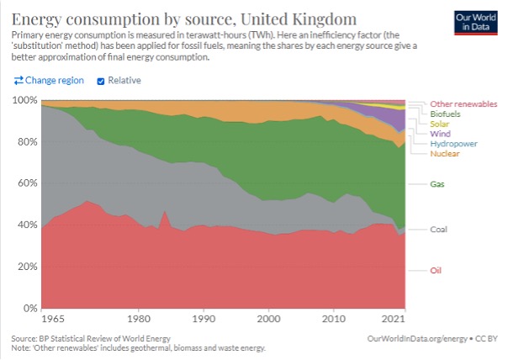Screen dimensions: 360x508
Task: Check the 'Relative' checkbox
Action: tap(102, 81)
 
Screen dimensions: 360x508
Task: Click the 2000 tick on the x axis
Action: tap(268, 320)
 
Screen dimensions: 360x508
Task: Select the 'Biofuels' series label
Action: tap(446, 114)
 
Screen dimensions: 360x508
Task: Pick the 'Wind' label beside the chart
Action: tap(440, 134)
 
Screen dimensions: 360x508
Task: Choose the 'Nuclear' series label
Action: tap(444, 154)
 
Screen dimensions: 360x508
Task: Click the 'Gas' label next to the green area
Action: tap(438, 183)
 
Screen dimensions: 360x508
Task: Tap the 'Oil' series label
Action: tap(437, 270)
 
